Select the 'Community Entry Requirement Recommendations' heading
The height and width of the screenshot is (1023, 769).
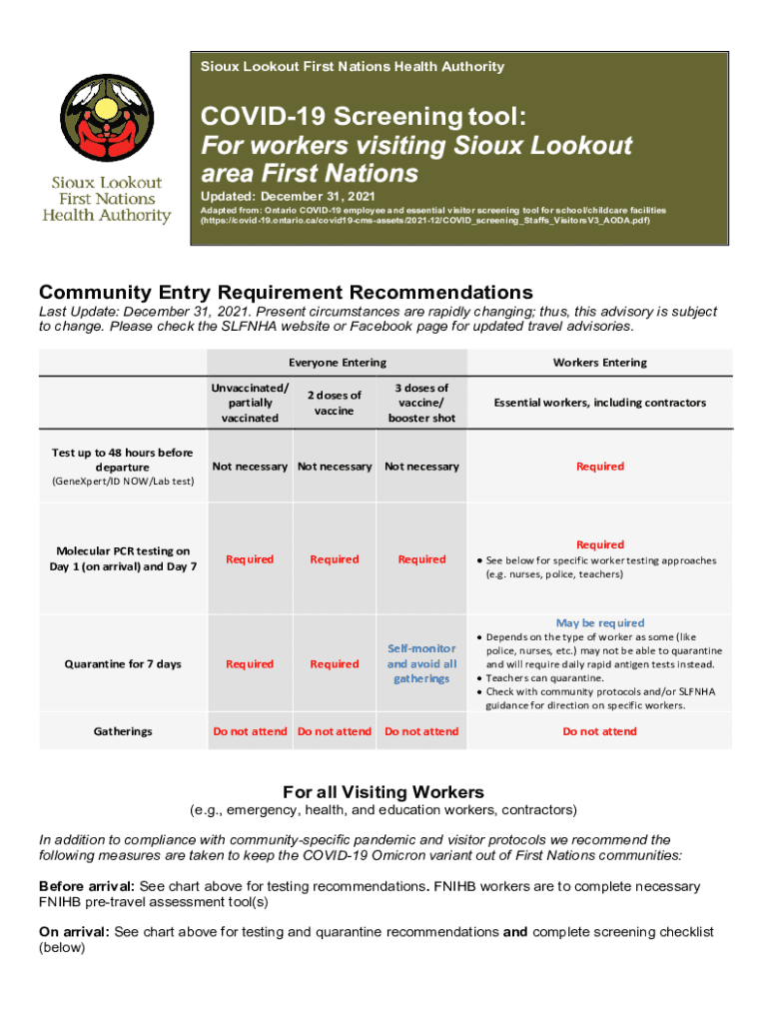(x=286, y=293)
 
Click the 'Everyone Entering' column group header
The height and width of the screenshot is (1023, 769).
(x=337, y=363)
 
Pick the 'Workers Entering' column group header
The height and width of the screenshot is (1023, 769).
(x=599, y=363)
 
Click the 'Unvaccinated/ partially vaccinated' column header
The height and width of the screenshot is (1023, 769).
(x=250, y=403)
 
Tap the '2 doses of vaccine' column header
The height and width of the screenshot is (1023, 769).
(x=334, y=403)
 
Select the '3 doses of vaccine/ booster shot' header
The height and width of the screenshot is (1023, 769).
(x=421, y=403)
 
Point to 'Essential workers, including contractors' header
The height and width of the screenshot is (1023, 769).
(x=599, y=403)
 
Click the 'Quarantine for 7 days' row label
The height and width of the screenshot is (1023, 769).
(x=124, y=663)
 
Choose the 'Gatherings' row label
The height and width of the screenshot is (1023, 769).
(x=123, y=731)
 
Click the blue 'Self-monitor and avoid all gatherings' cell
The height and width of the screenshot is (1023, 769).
(x=421, y=663)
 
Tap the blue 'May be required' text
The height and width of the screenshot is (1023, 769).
(x=599, y=622)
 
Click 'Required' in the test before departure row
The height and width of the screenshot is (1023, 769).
(x=599, y=467)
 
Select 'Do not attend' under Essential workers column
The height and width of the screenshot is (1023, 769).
(x=599, y=731)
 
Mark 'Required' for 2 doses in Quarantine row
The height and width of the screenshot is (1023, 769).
(x=334, y=663)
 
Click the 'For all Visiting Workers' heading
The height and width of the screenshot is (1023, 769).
(x=384, y=791)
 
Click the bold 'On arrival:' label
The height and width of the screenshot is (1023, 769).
(x=74, y=932)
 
